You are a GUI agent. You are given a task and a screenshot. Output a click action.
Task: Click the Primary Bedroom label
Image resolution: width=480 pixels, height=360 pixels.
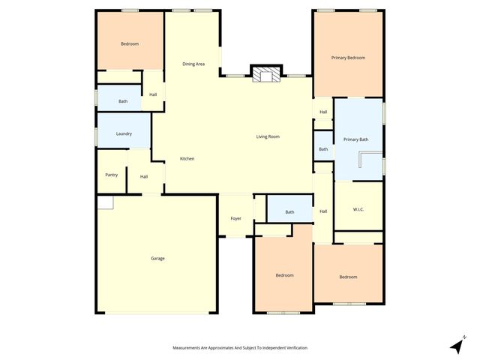(x=348, y=58)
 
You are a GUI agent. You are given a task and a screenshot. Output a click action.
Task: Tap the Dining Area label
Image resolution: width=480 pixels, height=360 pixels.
(x=193, y=64)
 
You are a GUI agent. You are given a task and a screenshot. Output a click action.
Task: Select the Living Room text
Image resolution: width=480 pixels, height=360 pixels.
(x=268, y=136)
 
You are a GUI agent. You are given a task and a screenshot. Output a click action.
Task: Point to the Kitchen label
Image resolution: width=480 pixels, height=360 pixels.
(x=187, y=159)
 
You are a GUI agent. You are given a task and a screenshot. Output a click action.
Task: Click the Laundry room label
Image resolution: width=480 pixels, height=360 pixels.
(x=124, y=133)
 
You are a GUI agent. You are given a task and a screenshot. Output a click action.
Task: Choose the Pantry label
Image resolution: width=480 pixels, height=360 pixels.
(x=111, y=175)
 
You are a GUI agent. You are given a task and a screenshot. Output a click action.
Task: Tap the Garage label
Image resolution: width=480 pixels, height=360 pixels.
(x=157, y=259)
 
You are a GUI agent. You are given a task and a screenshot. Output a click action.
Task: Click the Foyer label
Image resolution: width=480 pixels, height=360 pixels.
(x=235, y=218)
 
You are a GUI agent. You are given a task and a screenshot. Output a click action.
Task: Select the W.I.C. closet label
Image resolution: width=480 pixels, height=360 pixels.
(x=358, y=209)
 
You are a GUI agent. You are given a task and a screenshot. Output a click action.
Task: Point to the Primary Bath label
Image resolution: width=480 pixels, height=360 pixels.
(x=356, y=139)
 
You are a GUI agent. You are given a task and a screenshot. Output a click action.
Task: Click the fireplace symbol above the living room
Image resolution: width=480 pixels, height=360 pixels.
(x=265, y=75)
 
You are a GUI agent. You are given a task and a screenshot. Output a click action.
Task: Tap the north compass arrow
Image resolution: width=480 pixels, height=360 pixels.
(x=456, y=345)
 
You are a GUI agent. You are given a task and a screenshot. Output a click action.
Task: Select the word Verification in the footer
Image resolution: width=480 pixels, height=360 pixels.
(x=293, y=348)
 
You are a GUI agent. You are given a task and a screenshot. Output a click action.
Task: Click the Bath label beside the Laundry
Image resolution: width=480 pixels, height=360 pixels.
(x=122, y=101)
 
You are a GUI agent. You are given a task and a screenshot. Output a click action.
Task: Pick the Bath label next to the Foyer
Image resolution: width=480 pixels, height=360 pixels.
(x=289, y=212)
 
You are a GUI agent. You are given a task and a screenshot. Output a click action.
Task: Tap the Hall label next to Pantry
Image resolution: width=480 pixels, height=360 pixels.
(x=143, y=176)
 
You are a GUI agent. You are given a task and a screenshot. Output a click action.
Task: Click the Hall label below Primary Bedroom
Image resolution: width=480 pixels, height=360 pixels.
(x=323, y=112)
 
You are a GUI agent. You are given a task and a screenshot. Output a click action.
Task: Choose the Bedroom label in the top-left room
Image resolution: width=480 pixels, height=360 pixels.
(x=130, y=43)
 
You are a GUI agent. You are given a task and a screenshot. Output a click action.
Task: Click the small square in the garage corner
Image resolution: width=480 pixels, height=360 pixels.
(x=104, y=202)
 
